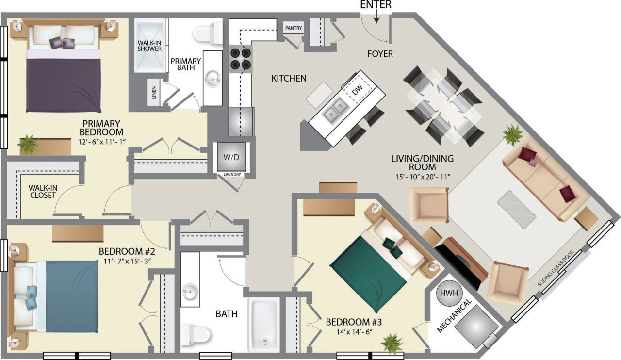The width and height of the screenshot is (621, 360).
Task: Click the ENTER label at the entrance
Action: (376, 4)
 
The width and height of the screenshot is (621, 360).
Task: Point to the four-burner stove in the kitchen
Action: (241, 58)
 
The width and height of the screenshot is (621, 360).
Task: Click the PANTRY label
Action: (293, 28)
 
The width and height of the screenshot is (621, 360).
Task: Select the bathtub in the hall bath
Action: (263, 324)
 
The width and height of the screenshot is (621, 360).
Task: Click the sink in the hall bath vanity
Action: (190, 292)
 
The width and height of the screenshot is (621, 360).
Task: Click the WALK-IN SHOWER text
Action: (149, 45)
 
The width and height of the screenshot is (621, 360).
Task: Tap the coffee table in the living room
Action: (516, 209)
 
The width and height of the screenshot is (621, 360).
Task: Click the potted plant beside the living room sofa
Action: (513, 133)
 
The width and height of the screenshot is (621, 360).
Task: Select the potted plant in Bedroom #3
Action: (392, 343)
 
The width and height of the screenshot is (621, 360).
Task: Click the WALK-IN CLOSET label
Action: (42, 191)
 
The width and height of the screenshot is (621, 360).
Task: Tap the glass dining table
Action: (443, 106)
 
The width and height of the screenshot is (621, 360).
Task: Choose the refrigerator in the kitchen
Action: (241, 121)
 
